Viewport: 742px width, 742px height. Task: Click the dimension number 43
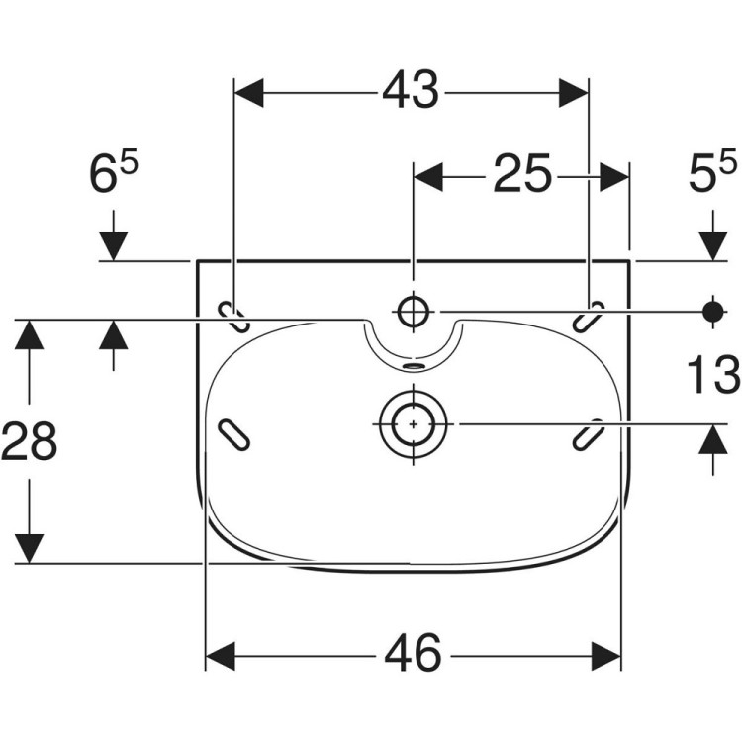click(411, 90)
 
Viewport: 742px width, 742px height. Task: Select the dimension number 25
click(522, 173)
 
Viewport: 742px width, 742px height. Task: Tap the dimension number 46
click(414, 652)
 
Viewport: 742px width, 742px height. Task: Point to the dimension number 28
click(30, 441)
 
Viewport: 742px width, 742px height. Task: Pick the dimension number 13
click(713, 375)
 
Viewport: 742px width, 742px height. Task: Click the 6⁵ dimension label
click(114, 171)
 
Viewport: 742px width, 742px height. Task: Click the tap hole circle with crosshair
click(414, 312)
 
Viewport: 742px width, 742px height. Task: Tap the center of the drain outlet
click(414, 424)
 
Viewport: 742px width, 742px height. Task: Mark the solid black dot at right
click(713, 312)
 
